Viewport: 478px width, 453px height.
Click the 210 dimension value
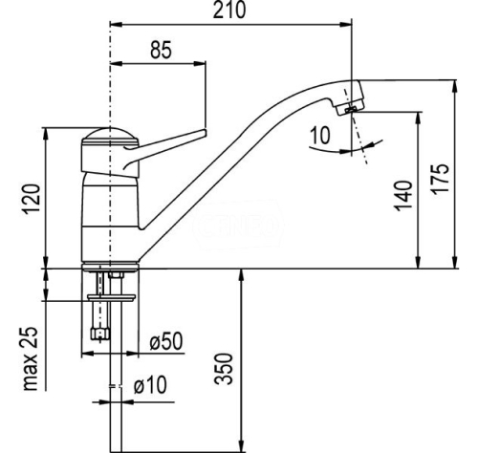pos(229,11)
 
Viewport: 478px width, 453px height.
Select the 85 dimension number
pos(161,50)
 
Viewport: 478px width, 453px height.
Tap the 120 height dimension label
pos(32,199)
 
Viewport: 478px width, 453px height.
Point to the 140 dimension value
pos(403,196)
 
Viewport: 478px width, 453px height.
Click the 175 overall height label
pos(441,178)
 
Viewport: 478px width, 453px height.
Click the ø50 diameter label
pos(166,341)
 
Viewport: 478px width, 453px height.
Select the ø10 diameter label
pos(150,384)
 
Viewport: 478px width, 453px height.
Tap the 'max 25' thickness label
pos(31,358)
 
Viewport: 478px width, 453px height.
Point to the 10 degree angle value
pos(320,136)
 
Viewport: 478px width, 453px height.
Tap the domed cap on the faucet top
pos(110,134)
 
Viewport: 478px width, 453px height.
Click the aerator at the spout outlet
pos(350,109)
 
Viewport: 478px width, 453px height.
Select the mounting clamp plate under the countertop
pos(111,297)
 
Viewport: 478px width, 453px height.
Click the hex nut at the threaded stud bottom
pos(100,334)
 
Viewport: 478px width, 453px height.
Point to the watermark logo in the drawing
pos(237,225)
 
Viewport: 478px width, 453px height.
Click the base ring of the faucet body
pos(110,267)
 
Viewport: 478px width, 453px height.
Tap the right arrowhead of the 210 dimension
pos(345,24)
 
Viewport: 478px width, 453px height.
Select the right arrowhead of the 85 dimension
pos(200,63)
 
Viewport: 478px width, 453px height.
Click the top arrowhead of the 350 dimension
pos(242,275)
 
